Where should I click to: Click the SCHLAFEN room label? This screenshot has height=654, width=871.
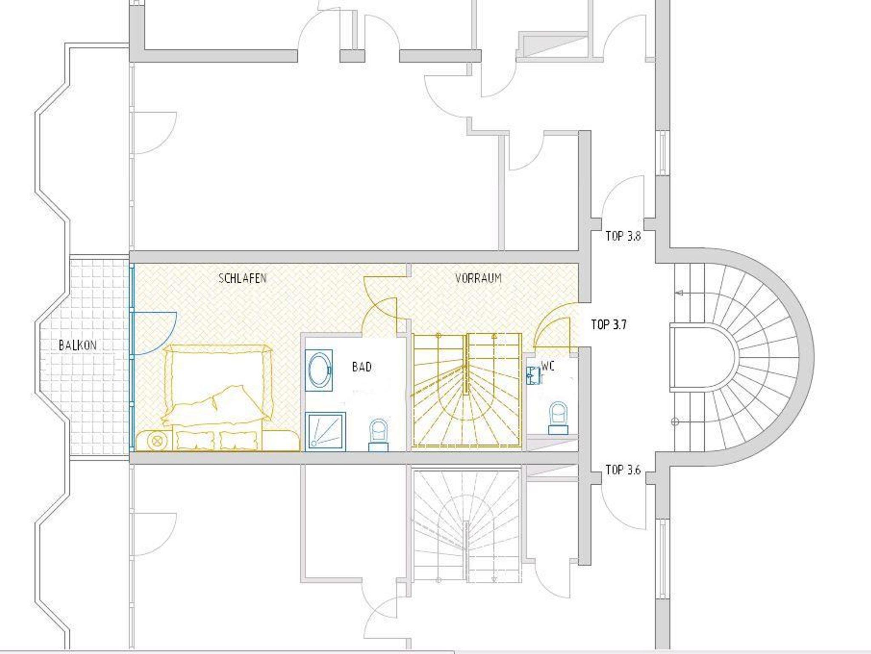coord(242,279)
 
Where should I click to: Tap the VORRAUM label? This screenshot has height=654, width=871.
coord(478,279)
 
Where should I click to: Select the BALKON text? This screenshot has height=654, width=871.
coord(77,345)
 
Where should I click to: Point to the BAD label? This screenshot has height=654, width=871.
coord(362,367)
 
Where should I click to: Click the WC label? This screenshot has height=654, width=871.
coord(548,366)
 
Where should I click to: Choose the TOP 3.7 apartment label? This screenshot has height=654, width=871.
coord(609,325)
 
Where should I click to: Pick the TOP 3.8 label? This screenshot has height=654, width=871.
coord(623,236)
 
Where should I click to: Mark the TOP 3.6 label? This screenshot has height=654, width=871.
coord(623,470)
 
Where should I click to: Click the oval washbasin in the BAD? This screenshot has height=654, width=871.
coord(319,370)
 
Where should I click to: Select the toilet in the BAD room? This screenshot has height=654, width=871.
coord(379,435)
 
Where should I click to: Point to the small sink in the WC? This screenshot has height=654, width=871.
coord(534,375)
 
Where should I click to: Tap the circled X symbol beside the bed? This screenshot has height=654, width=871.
coord(155,441)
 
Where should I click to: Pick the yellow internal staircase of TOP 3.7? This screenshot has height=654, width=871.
coord(467,390)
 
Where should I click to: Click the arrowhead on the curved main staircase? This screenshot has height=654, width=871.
coord(679,293)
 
